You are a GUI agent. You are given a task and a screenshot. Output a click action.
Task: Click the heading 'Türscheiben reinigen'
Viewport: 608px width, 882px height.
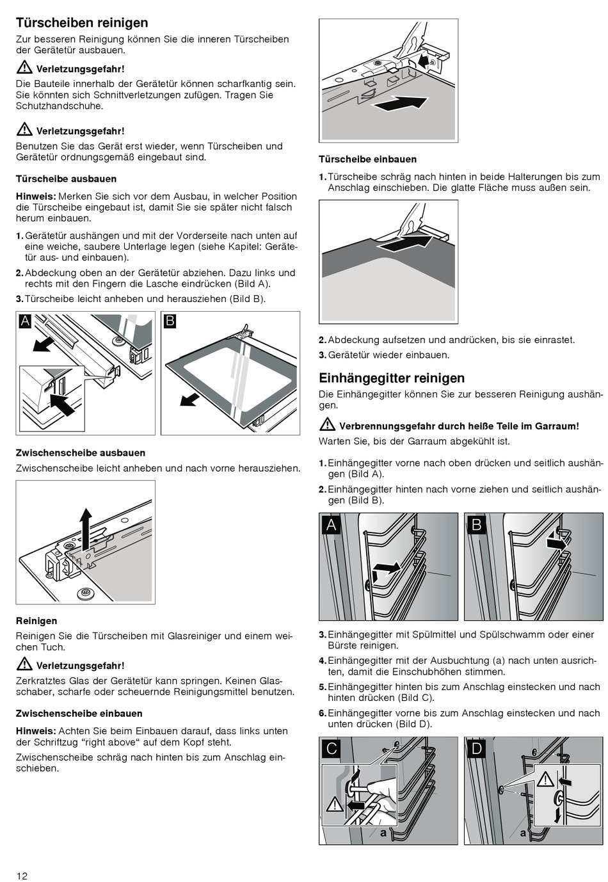pos(82,23)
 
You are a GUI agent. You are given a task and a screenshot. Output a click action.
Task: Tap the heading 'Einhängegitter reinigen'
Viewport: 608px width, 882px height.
pos(392,378)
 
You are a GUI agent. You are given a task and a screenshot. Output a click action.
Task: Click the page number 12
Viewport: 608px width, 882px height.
pos(22,876)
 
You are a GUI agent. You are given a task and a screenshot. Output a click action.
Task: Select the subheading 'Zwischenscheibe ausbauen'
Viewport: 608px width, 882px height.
pos(81,453)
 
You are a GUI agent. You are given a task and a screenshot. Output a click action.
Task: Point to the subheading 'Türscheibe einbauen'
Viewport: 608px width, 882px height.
pos(367,159)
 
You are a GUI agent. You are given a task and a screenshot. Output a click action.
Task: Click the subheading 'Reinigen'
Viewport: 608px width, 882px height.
pos(36,621)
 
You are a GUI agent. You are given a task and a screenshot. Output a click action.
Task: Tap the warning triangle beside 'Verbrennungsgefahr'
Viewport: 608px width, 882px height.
pos(327,425)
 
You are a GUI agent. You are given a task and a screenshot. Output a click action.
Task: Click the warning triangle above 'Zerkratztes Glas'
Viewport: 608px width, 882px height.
pos(24,664)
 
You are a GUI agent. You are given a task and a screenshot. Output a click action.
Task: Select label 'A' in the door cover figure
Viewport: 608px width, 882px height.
pos(26,321)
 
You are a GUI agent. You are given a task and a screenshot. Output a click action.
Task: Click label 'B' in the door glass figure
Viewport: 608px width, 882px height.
pos(170,321)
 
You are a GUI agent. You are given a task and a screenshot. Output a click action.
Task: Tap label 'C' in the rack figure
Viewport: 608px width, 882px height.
pos(332,748)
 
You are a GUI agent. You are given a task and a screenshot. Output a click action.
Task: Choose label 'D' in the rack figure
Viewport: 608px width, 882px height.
pos(477,748)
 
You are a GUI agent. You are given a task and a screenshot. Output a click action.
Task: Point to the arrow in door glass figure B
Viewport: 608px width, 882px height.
pos(190,399)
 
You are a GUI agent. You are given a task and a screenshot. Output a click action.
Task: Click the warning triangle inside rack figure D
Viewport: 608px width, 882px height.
pos(545,779)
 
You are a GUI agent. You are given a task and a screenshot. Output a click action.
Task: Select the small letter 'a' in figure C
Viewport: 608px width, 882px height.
pos(383,833)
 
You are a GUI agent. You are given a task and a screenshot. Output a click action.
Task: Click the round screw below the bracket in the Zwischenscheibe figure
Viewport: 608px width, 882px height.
pos(84,593)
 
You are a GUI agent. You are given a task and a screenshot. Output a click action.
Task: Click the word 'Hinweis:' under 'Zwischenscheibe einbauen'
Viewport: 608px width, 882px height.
pos(36,731)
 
